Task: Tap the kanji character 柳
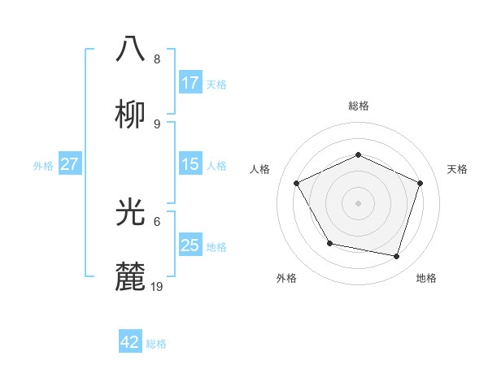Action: (132, 113)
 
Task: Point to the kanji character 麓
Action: (132, 276)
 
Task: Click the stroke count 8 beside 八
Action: (157, 59)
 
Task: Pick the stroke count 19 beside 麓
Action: (158, 287)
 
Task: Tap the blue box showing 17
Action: (190, 83)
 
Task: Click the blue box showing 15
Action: (190, 164)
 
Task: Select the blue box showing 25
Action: (190, 245)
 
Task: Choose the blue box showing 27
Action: (69, 164)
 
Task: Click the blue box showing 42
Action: (130, 342)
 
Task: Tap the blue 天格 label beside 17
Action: (216, 84)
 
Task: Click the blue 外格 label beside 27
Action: (43, 165)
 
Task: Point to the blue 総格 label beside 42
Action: (156, 343)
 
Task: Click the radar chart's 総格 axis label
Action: (359, 106)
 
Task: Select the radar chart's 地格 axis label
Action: (426, 278)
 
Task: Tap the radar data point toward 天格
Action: (420, 183)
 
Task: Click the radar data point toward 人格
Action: (297, 183)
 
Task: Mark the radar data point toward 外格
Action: (329, 243)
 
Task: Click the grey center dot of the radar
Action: (359, 202)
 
